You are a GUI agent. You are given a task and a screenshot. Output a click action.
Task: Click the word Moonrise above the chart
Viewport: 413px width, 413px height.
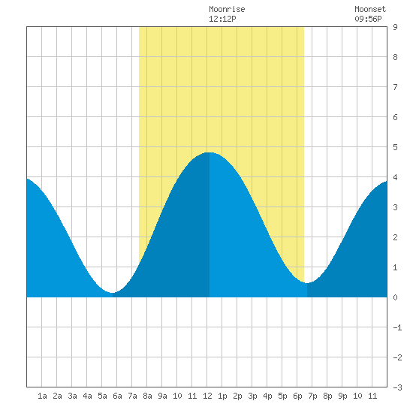tap(227, 9)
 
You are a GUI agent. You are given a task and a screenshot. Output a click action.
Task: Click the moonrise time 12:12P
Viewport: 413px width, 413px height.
tap(222, 19)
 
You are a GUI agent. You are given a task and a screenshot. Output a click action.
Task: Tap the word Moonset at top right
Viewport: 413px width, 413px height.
tap(370, 9)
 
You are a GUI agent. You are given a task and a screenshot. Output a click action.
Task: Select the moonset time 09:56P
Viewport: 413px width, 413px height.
tap(368, 19)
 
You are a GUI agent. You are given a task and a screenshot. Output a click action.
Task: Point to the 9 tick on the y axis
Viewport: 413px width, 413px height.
tap(395, 27)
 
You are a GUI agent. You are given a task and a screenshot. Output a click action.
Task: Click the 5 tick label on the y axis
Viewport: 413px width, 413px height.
tap(395, 147)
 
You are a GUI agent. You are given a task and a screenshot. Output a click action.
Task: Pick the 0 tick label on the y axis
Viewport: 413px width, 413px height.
tap(395, 297)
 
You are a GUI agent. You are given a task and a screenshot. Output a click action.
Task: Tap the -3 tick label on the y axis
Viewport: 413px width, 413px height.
tap(397, 387)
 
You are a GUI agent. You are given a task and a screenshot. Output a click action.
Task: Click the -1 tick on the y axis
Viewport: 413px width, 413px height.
tap(397, 327)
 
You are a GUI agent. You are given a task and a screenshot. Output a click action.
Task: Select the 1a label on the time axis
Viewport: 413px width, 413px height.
tap(42, 396)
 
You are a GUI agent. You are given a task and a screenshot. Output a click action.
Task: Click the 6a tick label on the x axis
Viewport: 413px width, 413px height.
tap(117, 396)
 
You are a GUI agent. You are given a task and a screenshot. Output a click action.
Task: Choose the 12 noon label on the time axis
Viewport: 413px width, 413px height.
tap(207, 396)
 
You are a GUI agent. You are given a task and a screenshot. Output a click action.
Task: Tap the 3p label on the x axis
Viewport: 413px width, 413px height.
tap(252, 396)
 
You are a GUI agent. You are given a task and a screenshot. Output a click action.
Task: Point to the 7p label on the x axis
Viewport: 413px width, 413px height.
tap(312, 396)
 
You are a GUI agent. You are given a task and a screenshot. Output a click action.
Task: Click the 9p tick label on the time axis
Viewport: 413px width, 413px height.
tap(342, 396)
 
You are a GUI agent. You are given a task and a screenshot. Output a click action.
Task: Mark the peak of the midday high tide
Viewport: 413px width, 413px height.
tap(210, 152)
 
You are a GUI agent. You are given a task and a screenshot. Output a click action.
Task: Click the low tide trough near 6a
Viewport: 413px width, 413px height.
tap(113, 293)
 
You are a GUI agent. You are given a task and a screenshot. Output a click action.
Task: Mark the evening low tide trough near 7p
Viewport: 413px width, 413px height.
tap(307, 283)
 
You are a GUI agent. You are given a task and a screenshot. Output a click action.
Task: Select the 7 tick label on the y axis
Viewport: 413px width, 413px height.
tap(395, 87)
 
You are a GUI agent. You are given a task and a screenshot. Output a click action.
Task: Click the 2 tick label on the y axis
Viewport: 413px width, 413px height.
tap(395, 237)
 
